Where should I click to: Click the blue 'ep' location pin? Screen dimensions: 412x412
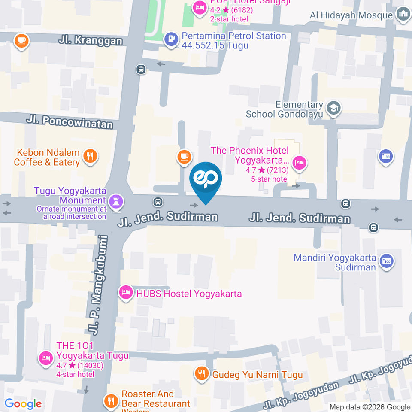point(206,179)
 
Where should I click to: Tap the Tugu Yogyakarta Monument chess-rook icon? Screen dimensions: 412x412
point(116,200)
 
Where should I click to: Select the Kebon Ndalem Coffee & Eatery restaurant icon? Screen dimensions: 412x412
point(90,156)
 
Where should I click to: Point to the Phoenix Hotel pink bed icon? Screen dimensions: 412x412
point(299,163)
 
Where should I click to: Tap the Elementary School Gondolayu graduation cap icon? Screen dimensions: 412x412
point(333,109)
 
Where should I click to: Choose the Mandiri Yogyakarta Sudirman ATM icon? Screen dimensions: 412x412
point(387,261)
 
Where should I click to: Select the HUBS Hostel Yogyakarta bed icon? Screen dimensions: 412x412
point(126,293)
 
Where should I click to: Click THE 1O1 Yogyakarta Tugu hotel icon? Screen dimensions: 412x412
point(46,357)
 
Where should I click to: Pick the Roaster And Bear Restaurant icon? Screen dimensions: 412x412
point(111,401)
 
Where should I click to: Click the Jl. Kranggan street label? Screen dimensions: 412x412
point(91,41)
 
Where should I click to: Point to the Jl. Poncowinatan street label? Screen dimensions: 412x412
point(70,121)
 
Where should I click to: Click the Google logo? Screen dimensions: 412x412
point(23,404)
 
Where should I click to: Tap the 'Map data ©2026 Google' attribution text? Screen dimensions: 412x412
point(370,407)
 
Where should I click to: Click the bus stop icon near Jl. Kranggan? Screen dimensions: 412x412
point(141,69)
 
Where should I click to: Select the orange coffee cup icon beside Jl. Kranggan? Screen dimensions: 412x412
point(21,41)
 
